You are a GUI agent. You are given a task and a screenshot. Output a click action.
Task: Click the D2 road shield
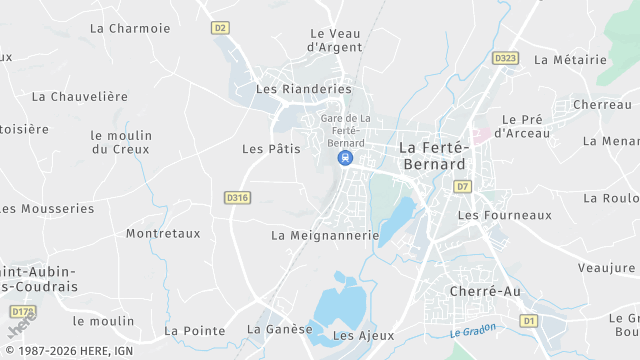[221, 28]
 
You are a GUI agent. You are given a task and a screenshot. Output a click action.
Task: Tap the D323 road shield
[506, 59]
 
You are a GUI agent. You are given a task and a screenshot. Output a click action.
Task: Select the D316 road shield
[237, 198]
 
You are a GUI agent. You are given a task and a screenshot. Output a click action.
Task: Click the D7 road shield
[462, 186]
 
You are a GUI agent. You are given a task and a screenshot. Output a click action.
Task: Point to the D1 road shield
[529, 321]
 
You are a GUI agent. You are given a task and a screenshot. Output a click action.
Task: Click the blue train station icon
[345, 158]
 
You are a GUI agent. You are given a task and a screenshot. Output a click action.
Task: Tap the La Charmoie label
[130, 28]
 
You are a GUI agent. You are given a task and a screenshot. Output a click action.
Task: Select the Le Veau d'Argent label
[334, 40]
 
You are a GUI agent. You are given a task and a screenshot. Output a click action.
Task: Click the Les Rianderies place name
[304, 89]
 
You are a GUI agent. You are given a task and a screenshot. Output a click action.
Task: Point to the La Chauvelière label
[80, 97]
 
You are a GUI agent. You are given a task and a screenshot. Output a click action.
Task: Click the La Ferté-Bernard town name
[432, 155]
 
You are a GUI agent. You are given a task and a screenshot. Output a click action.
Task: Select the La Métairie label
[571, 60]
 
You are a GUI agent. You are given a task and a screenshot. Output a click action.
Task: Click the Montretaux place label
[163, 234]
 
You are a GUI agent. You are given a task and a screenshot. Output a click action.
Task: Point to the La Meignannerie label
[325, 236]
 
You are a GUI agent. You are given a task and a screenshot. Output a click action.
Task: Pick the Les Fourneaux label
[504, 215]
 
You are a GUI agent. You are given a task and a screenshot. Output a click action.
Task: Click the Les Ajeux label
[357, 336]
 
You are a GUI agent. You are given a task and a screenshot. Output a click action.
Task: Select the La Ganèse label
[280, 329]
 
